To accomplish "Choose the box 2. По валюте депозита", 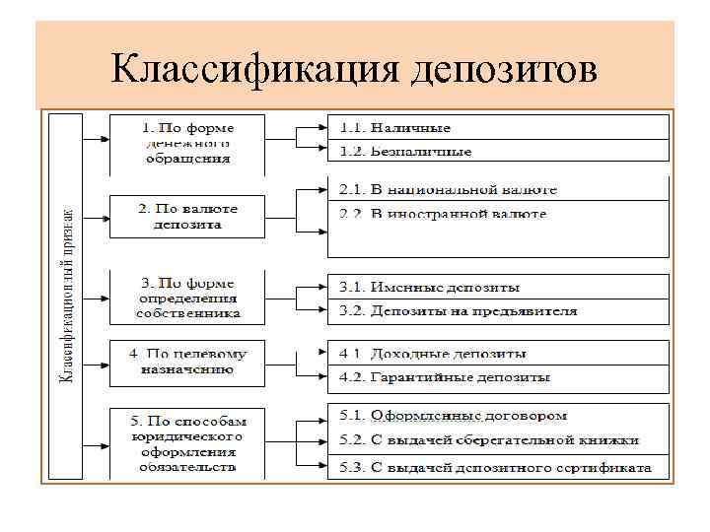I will (x=186, y=217).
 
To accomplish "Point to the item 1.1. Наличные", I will (x=395, y=128).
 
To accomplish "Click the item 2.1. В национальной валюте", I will (x=449, y=189).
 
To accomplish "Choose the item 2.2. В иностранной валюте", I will (x=443, y=214).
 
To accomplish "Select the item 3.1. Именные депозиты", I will (x=430, y=287).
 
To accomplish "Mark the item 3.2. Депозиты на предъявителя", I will (x=459, y=311).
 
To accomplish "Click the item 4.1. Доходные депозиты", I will (x=433, y=353).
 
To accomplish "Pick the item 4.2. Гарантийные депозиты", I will (x=445, y=376).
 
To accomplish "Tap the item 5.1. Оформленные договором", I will (x=454, y=416).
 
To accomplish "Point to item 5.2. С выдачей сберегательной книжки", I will (x=489, y=440).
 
